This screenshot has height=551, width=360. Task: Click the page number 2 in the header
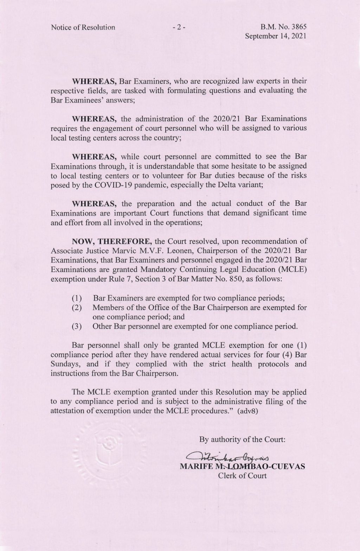[179, 27]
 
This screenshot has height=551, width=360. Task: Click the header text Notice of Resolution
[83, 27]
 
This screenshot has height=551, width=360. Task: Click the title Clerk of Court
[242, 476]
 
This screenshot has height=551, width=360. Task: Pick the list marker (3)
[77, 327]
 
